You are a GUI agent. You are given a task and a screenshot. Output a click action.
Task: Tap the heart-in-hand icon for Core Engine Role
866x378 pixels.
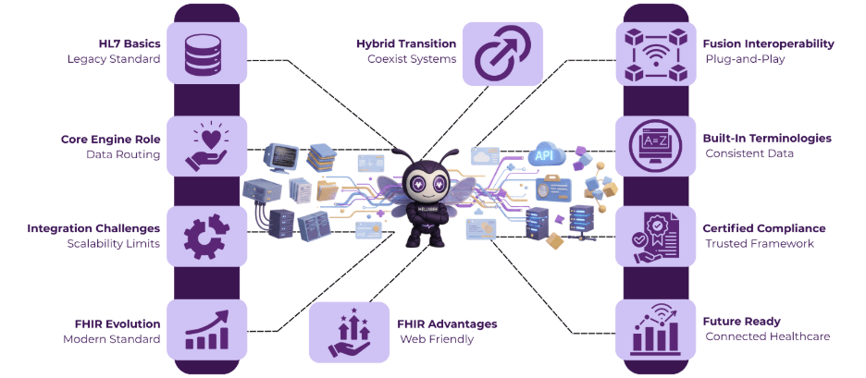click(x=206, y=146)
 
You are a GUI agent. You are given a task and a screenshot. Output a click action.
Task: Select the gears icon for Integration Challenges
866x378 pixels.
click(x=206, y=237)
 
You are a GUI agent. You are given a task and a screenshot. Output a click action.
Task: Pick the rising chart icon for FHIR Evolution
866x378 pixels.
click(x=206, y=329)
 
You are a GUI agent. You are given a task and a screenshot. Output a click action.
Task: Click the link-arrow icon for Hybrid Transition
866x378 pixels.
click(x=501, y=54)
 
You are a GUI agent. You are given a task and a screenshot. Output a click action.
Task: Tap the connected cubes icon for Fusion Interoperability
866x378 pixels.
click(x=656, y=53)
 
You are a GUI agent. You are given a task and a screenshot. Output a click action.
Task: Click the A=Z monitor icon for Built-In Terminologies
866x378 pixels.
click(x=656, y=146)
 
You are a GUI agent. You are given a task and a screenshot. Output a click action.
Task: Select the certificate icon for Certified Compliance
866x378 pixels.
click(x=656, y=237)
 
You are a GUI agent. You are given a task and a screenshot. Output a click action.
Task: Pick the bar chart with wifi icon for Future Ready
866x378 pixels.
click(x=656, y=329)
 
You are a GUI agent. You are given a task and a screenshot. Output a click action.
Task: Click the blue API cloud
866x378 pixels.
click(x=544, y=154)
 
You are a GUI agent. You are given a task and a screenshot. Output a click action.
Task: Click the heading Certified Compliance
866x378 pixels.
click(x=764, y=228)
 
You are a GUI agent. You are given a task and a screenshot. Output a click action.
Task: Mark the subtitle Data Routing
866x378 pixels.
click(x=123, y=154)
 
